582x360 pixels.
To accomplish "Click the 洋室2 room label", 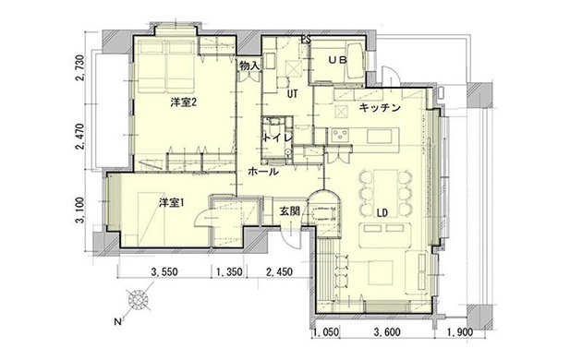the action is [183, 102].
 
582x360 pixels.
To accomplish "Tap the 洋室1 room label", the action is [172, 203].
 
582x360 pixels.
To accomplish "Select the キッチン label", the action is [380, 108].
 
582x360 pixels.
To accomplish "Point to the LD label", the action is [382, 213].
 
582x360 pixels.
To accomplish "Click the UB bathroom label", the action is [337, 60].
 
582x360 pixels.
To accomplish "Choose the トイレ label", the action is [278, 138].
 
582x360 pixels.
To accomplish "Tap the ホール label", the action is [262, 172].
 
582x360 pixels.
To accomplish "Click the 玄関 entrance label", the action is [289, 211].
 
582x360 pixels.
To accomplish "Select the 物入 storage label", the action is [249, 66].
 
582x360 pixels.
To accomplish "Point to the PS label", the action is [306, 40].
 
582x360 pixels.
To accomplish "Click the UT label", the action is [293, 94].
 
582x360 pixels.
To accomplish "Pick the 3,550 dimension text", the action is [164, 271].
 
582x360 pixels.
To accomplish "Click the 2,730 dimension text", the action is [80, 68].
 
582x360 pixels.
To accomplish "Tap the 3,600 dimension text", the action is [387, 331].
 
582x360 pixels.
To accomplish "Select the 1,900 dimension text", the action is [460, 331].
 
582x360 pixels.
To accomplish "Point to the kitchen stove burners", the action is [341, 136].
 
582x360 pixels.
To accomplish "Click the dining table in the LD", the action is [385, 193].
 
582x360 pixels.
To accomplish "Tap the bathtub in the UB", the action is [356, 60].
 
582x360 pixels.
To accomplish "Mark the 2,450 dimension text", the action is [280, 271].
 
